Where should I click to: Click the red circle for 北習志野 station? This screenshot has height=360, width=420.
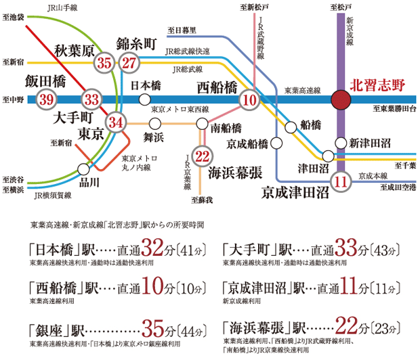point(341,100)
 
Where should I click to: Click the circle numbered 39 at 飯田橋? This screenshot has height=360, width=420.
point(47,99)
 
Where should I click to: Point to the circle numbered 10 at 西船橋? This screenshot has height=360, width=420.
point(249,100)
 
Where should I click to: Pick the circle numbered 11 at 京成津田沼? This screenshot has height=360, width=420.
point(341,180)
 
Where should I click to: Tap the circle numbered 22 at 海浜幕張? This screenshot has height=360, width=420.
point(201,156)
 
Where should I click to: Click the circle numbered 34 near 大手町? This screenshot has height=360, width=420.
point(117,122)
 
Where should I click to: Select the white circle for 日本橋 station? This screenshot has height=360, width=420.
point(144,99)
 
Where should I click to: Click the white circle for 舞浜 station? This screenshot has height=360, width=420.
point(154,123)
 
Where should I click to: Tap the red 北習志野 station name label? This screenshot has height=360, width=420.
point(377,86)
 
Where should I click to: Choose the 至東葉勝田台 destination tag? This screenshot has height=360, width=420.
point(394,109)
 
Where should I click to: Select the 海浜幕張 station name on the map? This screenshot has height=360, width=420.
point(235,172)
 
